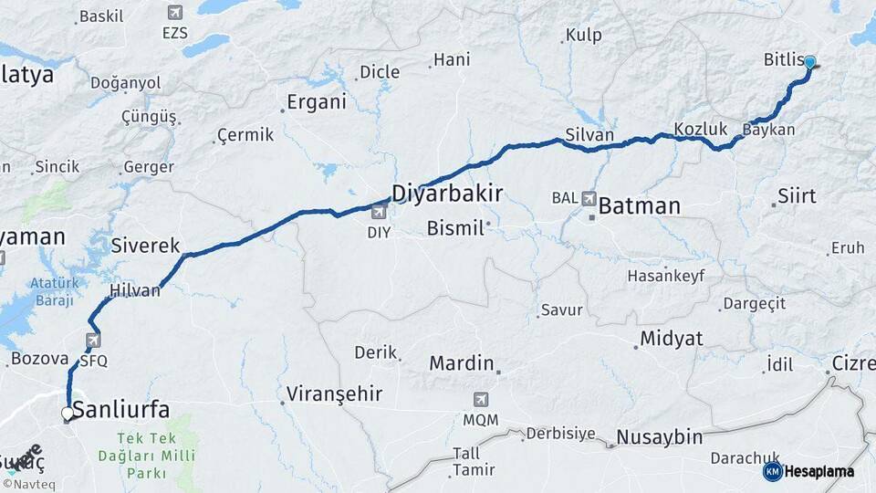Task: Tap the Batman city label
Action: [639, 206]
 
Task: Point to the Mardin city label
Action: [462, 363]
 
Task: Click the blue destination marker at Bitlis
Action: [809, 62]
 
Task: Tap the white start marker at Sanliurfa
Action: [67, 414]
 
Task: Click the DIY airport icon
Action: [379, 213]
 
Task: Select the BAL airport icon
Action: [589, 198]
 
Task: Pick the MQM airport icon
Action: [481, 400]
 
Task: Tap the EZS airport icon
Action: [174, 13]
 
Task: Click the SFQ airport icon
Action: [93, 341]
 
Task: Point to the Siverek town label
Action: [146, 245]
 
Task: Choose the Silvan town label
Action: [589, 135]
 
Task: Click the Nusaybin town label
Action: [659, 437]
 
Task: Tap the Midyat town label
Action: [672, 339]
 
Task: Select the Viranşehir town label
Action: [334, 394]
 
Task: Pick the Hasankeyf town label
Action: [665, 276]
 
